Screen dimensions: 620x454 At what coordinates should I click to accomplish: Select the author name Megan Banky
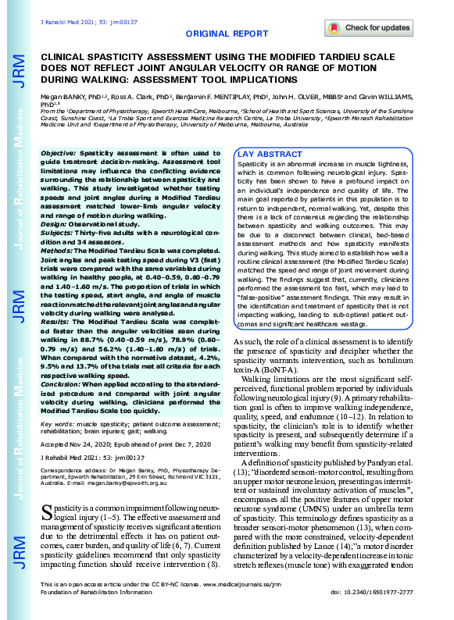[x=60, y=97]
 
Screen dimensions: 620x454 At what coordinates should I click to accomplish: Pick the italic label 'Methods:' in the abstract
[x=58, y=232]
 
